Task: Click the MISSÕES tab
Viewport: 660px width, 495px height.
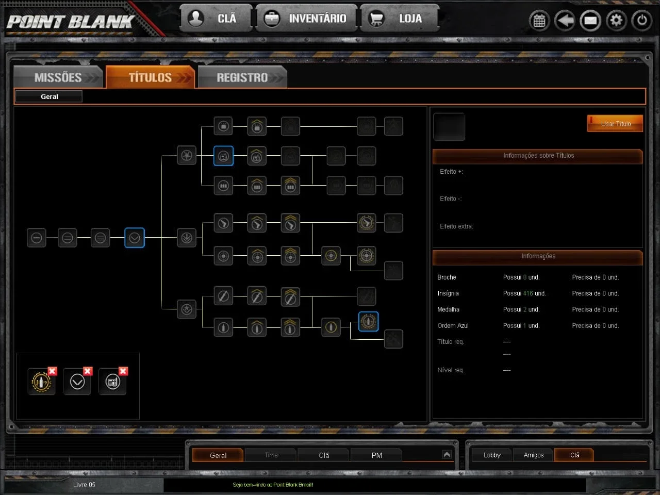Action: tap(59, 77)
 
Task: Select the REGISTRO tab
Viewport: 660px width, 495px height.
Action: tap(242, 77)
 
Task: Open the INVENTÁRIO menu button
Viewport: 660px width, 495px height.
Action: tap(306, 19)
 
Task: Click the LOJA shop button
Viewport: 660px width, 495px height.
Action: tap(400, 19)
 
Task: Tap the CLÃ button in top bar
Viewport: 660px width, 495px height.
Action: tap(216, 19)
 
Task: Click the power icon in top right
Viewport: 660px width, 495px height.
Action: tap(641, 21)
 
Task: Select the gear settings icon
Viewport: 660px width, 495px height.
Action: tap(616, 21)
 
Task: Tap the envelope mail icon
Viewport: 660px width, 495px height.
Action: tap(590, 21)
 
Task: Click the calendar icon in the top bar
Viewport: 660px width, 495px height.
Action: tap(539, 21)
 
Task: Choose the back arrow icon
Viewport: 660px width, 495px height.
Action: tap(565, 21)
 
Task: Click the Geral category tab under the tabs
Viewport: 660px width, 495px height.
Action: tap(49, 96)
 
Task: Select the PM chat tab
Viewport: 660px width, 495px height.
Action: tap(376, 455)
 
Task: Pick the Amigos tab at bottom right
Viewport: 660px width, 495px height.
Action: tap(533, 455)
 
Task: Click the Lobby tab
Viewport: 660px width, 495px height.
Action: tap(492, 455)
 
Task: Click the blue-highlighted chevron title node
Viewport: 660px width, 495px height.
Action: tap(135, 238)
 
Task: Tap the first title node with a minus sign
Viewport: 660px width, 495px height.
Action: tap(37, 238)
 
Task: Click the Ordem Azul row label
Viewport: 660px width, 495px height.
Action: tap(453, 325)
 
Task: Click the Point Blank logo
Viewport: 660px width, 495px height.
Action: tap(71, 22)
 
